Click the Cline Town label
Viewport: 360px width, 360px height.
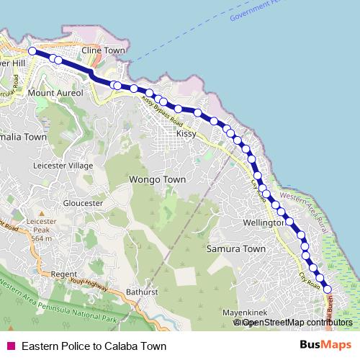[104, 51]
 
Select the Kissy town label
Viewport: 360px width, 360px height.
[186, 134]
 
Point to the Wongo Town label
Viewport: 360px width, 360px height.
[156, 179]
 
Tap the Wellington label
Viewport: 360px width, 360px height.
[266, 222]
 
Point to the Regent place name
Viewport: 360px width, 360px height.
[63, 274]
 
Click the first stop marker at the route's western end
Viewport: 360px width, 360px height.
[32, 51]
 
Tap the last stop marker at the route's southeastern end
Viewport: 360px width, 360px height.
[328, 289]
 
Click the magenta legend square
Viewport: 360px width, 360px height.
[11, 346]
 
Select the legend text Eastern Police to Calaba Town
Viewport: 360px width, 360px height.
[94, 346]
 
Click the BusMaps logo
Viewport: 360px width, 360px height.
[325, 346]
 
